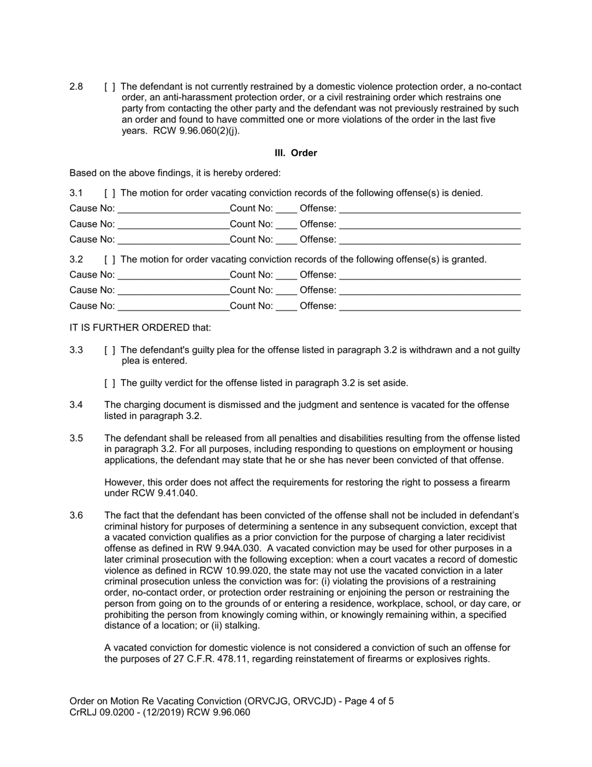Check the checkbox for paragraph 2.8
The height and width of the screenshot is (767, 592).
[110, 87]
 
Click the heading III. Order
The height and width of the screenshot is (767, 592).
[295, 153]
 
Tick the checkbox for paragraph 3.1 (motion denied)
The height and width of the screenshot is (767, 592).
[110, 193]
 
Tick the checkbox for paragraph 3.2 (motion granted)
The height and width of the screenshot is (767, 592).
[110, 259]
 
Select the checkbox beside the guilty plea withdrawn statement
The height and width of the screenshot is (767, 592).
[110, 350]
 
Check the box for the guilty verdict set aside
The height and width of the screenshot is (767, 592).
[110, 383]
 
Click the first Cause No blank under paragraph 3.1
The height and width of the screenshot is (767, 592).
[173, 209]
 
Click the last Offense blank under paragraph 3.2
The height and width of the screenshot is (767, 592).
[429, 306]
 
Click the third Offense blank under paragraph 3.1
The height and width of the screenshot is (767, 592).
[429, 240]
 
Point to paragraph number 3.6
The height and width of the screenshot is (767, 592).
[76, 516]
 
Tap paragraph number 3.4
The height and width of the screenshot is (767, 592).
[76, 405]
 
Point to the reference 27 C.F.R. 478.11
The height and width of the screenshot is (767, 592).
[204, 659]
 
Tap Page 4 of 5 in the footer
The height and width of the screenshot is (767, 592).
[365, 701]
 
